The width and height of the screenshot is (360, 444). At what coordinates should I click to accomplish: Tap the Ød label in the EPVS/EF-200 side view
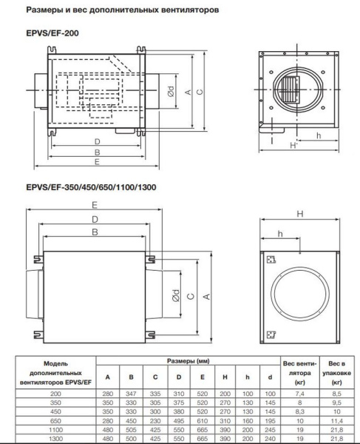(x=170, y=92)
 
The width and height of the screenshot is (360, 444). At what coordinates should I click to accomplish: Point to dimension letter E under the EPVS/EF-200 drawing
(x=97, y=162)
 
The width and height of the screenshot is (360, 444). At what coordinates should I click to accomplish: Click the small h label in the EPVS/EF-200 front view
(x=317, y=135)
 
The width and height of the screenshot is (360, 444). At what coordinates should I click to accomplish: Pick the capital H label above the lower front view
(x=299, y=214)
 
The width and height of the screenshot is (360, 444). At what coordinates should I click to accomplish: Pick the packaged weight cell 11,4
(x=336, y=417)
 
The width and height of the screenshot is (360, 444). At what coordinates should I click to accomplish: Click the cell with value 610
(x=202, y=417)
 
